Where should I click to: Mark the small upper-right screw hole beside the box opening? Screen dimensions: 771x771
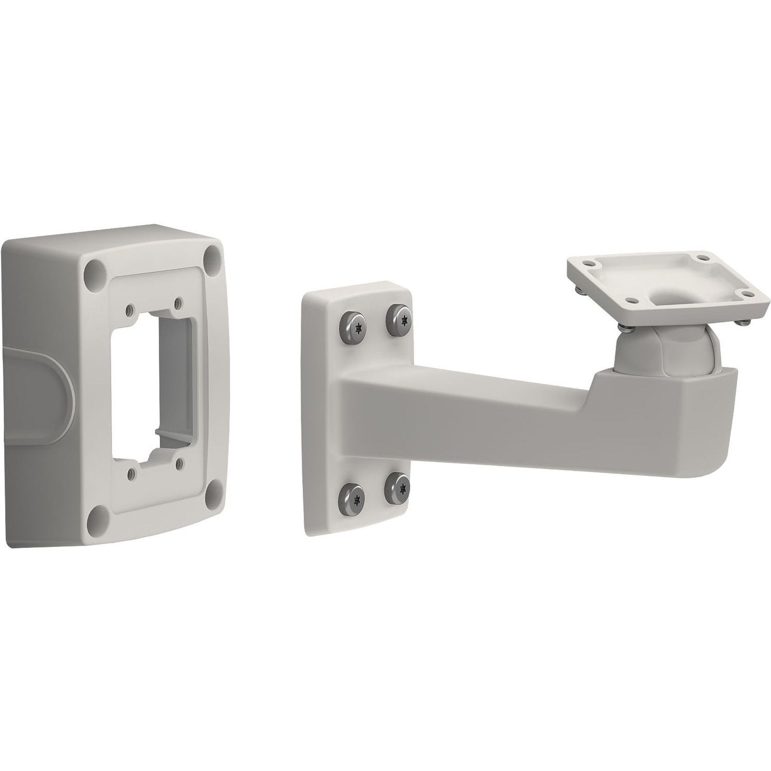tap(178, 303)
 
